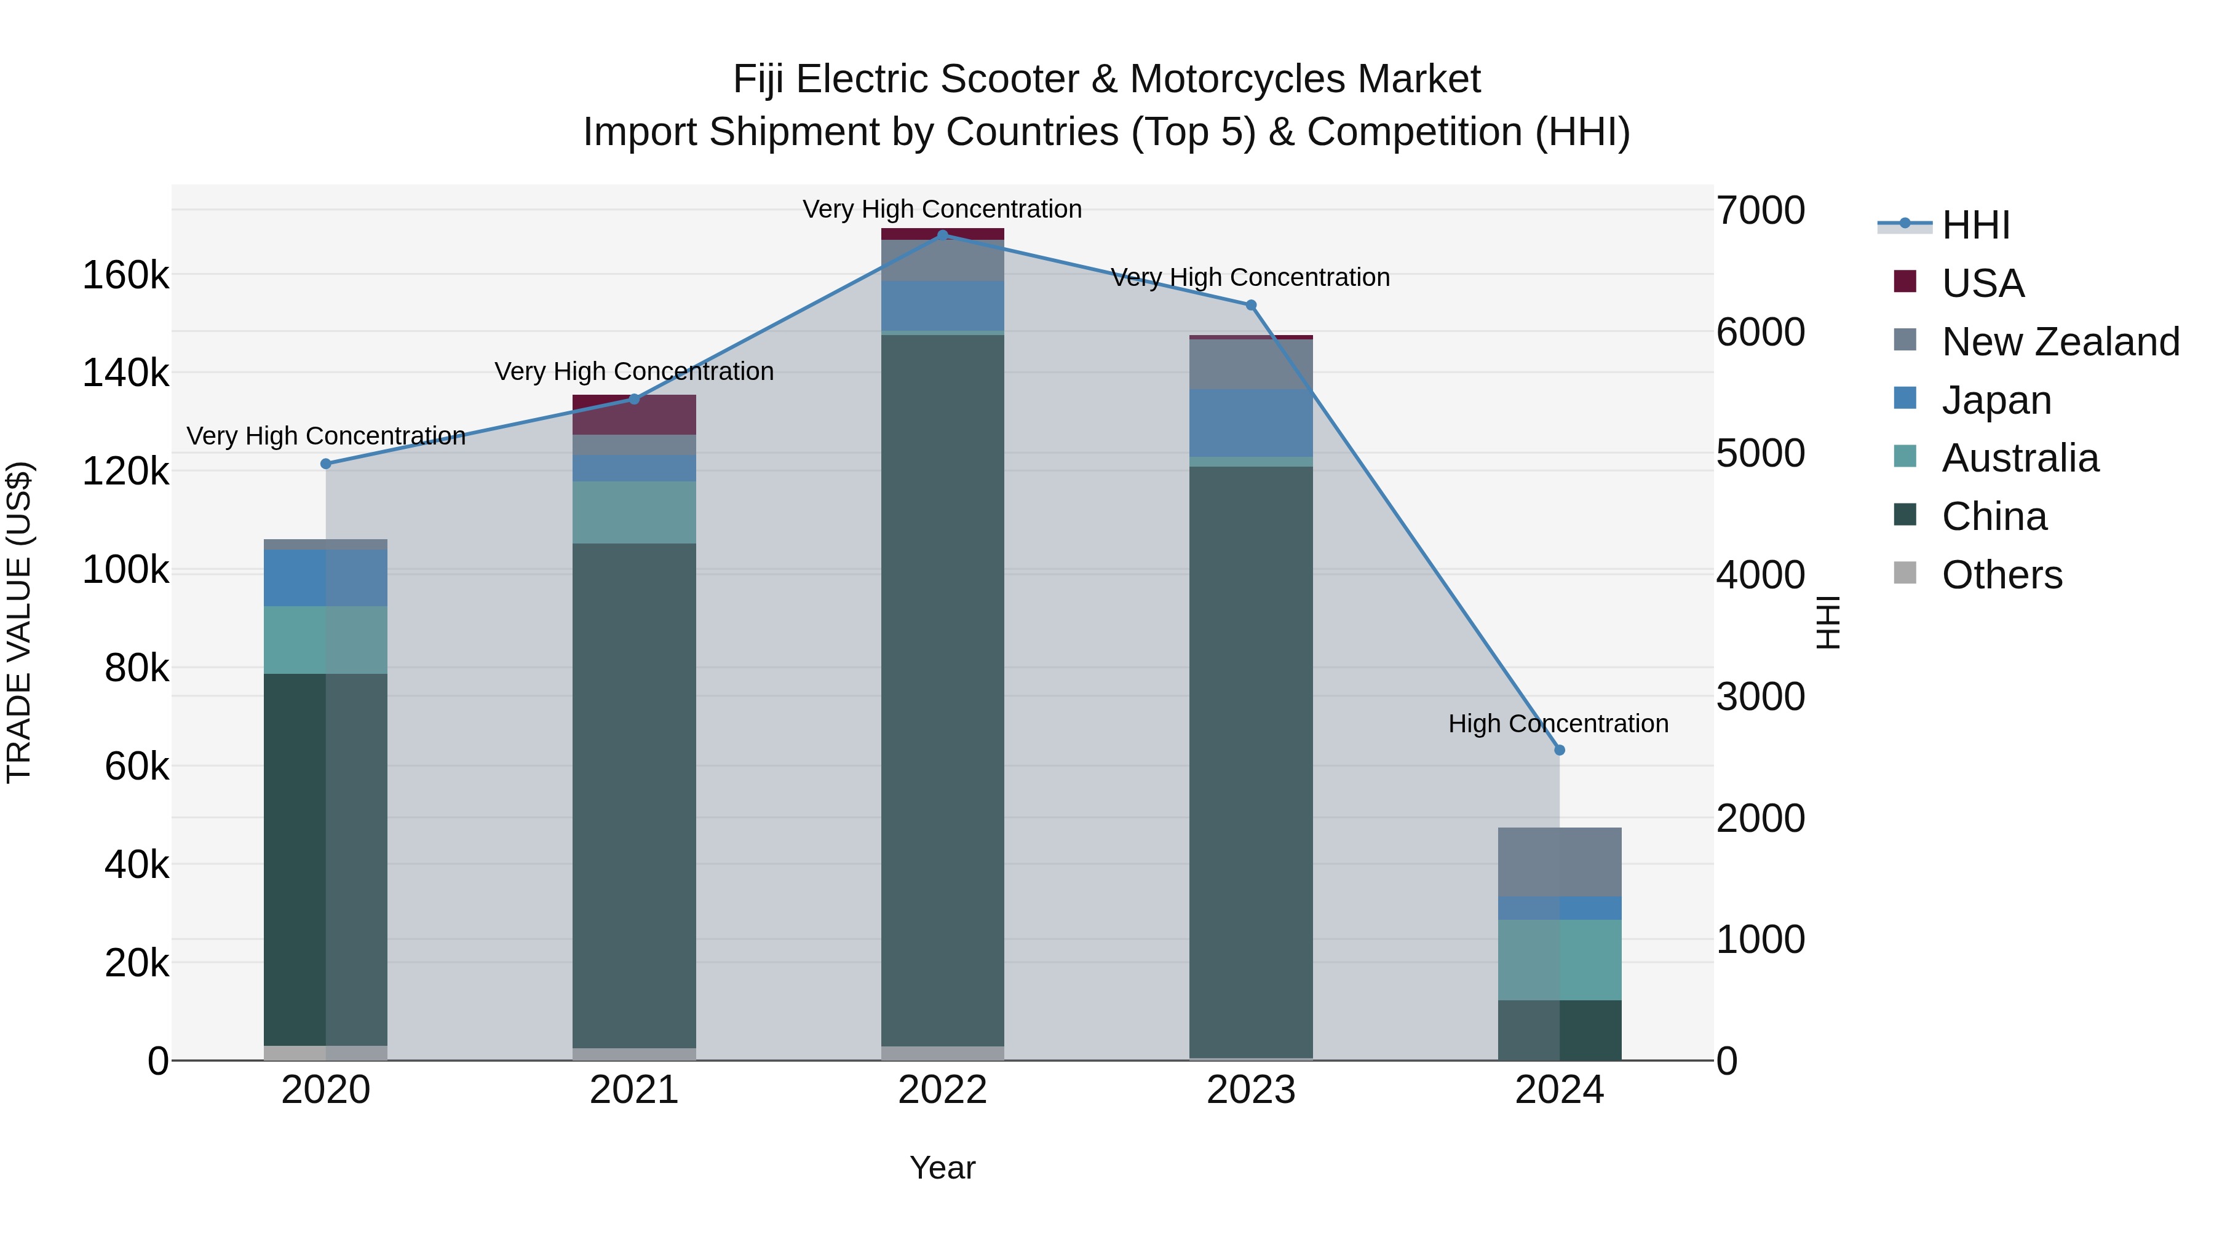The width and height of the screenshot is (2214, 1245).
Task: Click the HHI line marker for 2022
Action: (x=942, y=235)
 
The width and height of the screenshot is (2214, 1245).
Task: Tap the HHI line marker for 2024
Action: (x=1559, y=750)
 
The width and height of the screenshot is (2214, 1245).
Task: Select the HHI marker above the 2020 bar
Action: (x=326, y=464)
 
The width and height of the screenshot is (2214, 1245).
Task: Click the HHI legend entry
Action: (x=1975, y=225)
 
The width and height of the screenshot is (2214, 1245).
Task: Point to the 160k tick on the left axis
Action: (x=125, y=277)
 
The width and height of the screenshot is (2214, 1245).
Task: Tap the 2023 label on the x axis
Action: (x=1250, y=1090)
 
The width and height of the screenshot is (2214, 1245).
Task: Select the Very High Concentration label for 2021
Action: (x=634, y=371)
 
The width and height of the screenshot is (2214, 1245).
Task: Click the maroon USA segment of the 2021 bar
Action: (x=634, y=415)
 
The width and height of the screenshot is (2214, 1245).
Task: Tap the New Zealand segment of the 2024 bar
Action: (x=1559, y=862)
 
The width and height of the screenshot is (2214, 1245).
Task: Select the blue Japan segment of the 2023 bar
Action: (x=1250, y=423)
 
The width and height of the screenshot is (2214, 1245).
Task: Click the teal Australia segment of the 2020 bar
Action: (x=326, y=640)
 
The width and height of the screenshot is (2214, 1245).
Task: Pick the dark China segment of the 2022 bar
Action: (x=942, y=687)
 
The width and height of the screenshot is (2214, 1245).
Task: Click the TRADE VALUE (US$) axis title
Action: (x=19, y=622)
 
